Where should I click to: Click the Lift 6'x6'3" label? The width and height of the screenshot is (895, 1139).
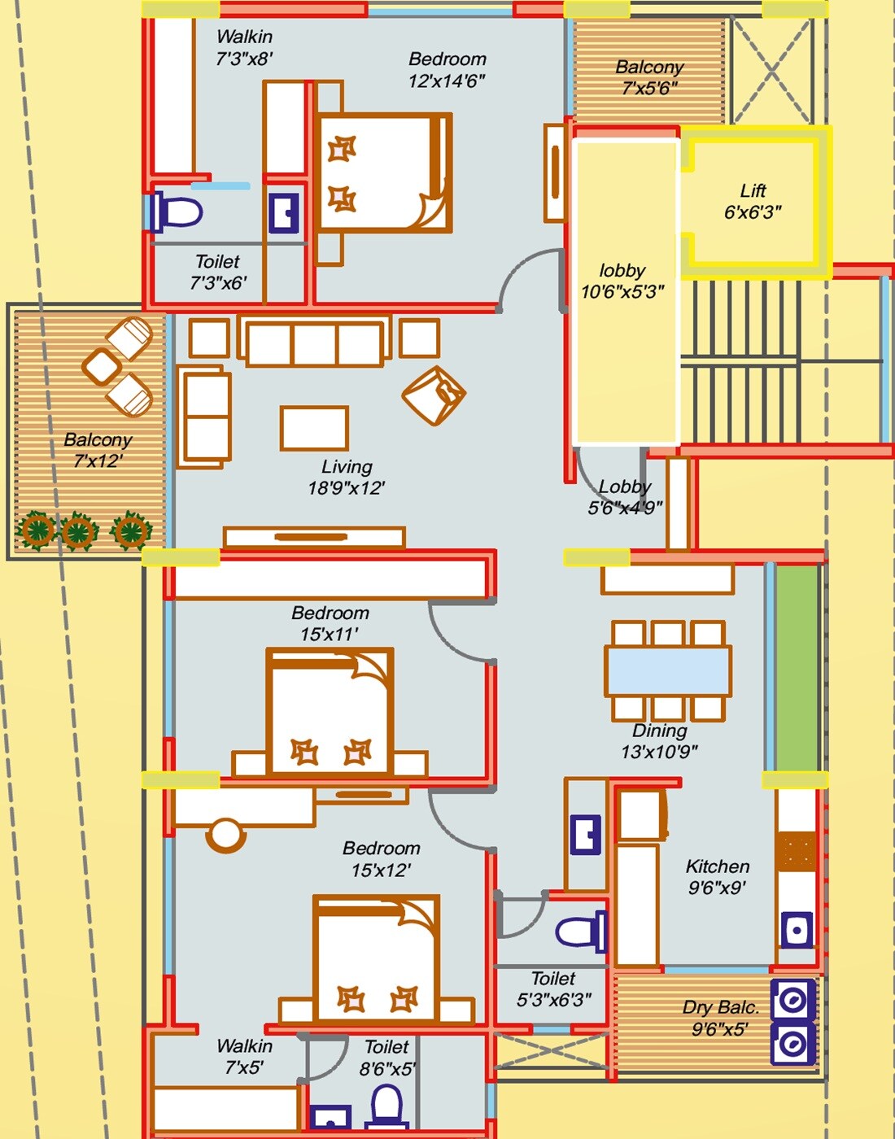753,202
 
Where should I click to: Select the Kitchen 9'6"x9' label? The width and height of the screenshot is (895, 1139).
717,877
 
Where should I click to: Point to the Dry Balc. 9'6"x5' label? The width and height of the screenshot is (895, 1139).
719,1018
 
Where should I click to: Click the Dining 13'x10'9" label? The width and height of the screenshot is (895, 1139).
659,741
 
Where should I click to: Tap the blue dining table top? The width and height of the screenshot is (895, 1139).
667,670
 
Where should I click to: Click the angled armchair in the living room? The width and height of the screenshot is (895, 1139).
434,395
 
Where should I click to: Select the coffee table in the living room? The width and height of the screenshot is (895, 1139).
314,428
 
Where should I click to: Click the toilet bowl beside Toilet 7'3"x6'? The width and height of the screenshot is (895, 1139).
177,212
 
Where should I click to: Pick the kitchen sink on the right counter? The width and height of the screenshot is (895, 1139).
796,930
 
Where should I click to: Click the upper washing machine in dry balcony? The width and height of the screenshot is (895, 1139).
792,1001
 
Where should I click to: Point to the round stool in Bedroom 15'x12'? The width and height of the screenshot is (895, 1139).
225,835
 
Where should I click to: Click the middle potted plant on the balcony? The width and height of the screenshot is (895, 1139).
79,532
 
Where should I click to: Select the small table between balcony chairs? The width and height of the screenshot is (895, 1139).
102,367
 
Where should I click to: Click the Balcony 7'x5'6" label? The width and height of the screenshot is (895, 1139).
649,77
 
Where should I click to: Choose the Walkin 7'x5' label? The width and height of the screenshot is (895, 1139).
244,1056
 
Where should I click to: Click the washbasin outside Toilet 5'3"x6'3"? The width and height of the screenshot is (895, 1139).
585,835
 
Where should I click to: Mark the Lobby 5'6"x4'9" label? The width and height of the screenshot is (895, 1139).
625,497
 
